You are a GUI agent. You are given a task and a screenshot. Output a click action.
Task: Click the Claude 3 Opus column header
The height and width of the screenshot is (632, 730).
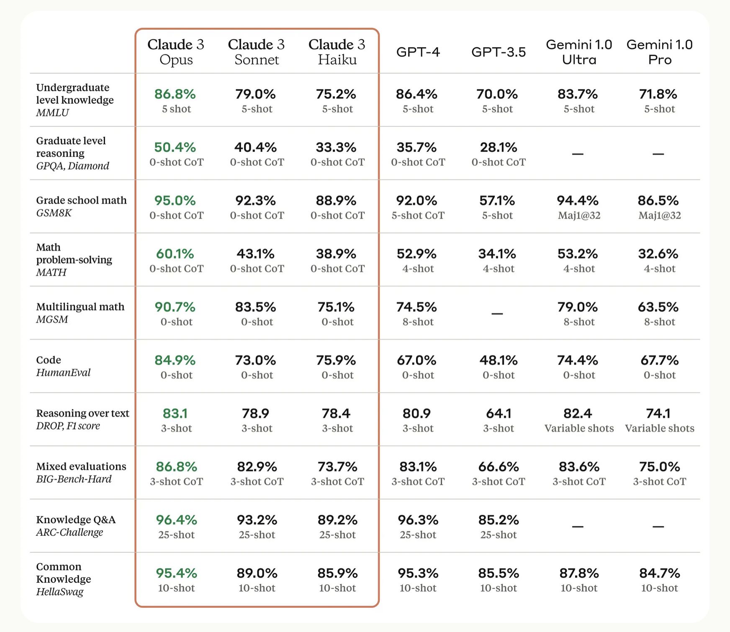click(x=176, y=52)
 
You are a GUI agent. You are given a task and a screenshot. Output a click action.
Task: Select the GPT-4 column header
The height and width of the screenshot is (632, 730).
click(x=418, y=52)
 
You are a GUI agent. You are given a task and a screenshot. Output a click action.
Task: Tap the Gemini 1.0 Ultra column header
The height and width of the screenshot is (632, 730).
click(x=579, y=52)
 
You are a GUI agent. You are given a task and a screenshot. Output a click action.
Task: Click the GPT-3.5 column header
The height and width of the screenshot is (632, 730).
click(x=498, y=52)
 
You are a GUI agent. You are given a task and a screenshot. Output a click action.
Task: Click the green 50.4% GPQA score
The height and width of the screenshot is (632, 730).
click(x=175, y=147)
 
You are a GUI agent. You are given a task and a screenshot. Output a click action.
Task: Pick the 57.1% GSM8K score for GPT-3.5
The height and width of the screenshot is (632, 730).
click(x=497, y=200)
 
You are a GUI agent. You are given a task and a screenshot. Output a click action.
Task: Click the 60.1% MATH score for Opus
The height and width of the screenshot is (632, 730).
click(x=175, y=254)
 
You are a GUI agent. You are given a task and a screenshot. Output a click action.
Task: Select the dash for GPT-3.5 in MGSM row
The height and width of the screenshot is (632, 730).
click(x=497, y=313)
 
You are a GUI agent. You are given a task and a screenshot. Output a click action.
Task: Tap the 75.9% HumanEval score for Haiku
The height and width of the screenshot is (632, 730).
click(x=337, y=360)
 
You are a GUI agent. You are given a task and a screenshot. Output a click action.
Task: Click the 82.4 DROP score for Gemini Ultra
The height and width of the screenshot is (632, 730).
click(x=578, y=414)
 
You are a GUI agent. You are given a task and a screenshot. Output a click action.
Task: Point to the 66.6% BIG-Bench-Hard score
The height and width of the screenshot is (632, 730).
click(x=498, y=467)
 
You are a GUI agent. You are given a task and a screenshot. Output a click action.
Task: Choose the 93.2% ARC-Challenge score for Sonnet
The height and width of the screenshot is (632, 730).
click(x=257, y=520)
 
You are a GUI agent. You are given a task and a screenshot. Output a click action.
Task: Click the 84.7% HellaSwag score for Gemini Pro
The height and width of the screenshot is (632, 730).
click(x=659, y=573)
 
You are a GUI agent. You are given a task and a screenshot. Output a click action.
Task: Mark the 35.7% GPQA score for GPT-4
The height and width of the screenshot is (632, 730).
click(x=416, y=147)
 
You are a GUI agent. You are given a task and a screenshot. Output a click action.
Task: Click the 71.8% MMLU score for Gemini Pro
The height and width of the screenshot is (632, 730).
click(x=658, y=94)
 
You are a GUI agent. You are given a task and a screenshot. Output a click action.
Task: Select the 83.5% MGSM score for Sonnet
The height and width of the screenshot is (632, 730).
click(x=255, y=307)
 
